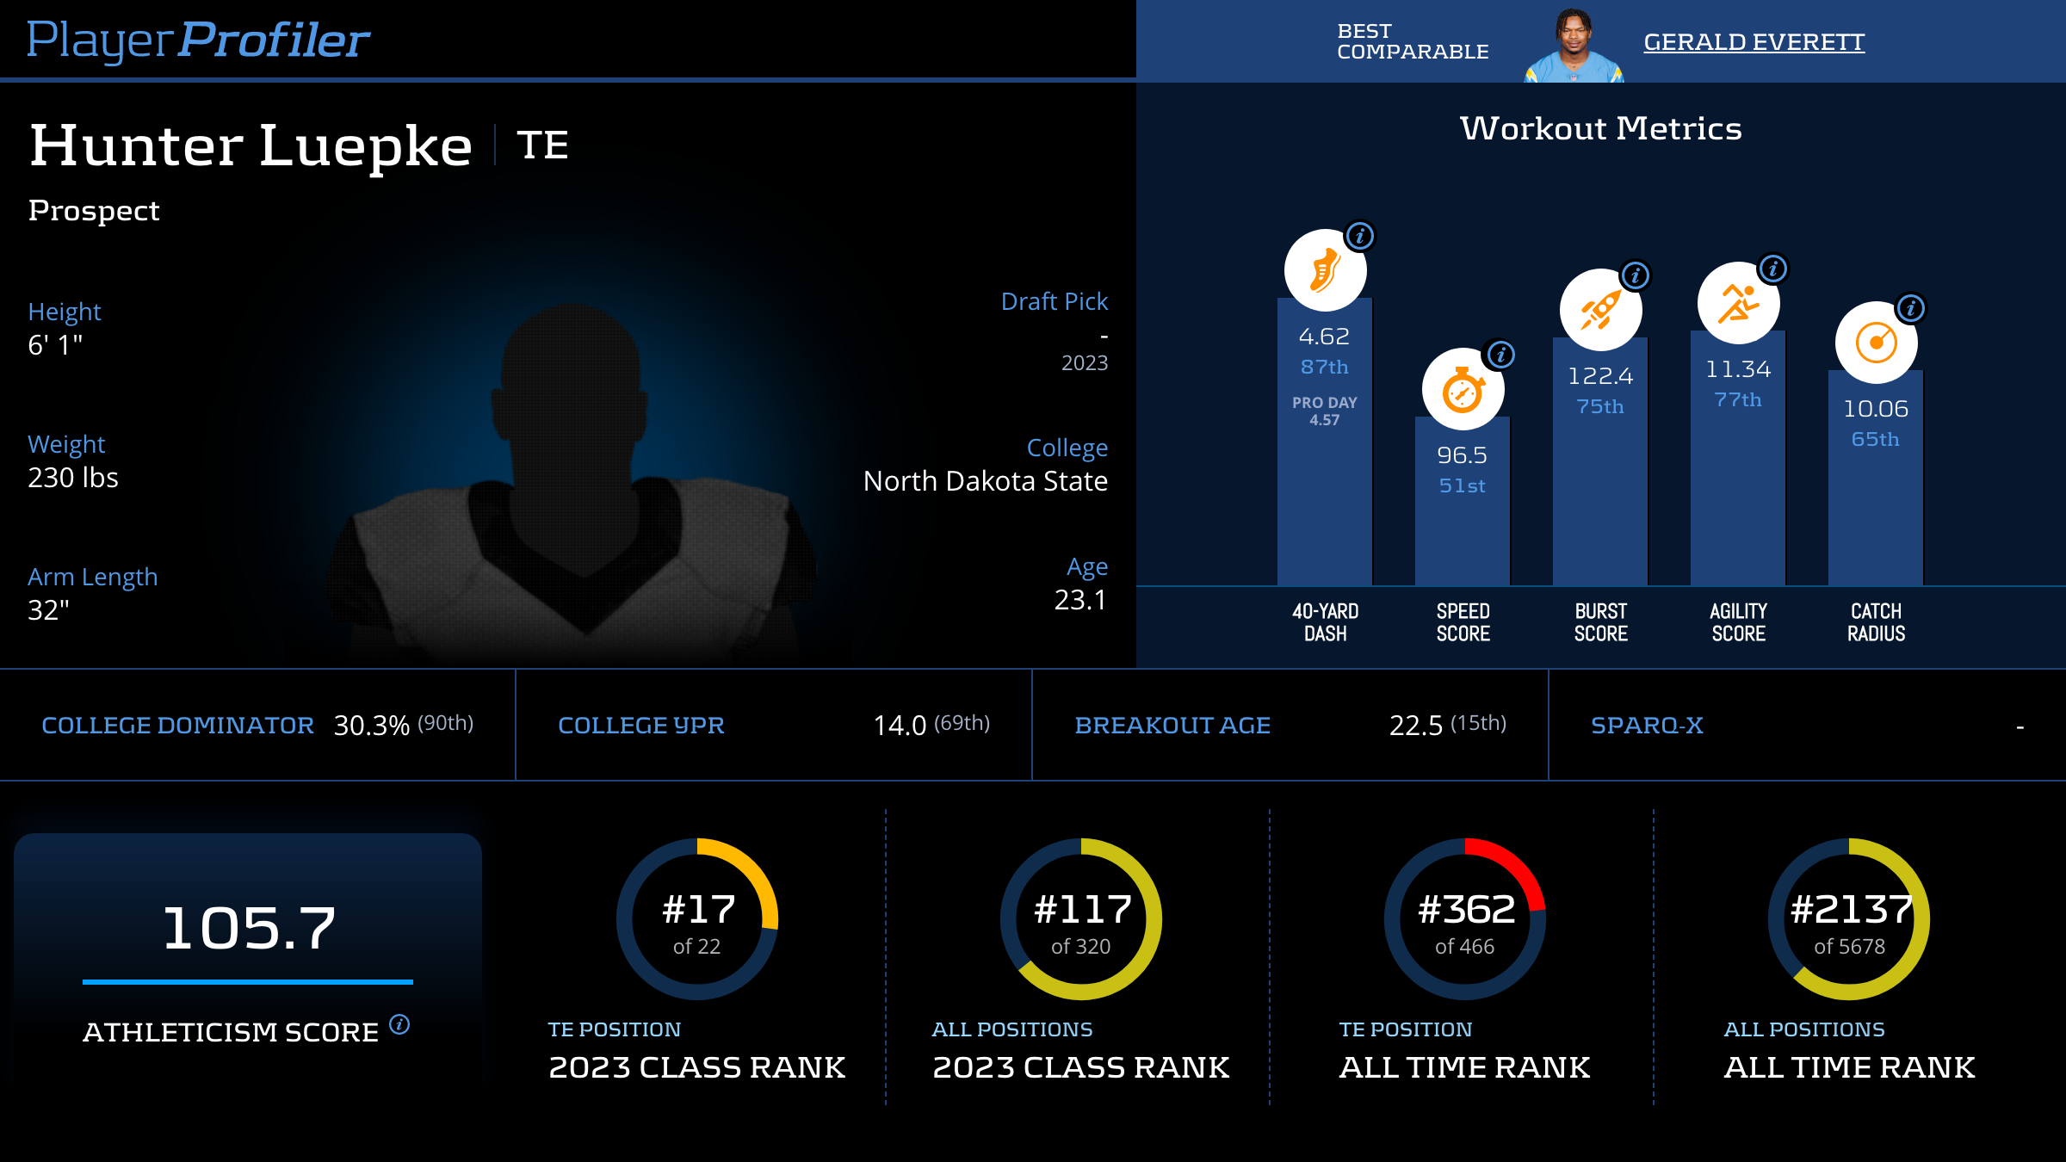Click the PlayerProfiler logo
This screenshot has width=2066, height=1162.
tap(198, 40)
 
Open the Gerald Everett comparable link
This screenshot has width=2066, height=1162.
tap(1754, 42)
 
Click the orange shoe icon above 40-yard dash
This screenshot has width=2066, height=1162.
tap(1325, 270)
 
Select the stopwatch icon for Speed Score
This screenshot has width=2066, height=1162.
tap(1463, 389)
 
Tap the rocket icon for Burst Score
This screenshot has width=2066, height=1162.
tap(1600, 310)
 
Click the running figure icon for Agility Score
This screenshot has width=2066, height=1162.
tap(1738, 303)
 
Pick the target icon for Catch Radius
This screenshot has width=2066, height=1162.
tap(1876, 343)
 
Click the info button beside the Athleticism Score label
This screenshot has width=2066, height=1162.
tap(399, 1024)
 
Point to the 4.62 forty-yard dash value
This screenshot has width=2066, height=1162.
tap(1324, 337)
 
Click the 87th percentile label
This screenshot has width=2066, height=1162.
tap(1324, 368)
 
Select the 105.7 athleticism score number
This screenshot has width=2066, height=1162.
tap(249, 929)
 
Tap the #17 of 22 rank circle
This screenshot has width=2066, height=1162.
tap(697, 919)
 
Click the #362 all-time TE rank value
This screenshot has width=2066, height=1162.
tap(1466, 910)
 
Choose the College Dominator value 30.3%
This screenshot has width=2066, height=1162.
tap(371, 726)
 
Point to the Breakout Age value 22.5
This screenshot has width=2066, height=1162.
tap(1415, 726)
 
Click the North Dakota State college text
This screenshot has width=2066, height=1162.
tap(985, 481)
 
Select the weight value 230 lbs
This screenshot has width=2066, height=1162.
tap(73, 478)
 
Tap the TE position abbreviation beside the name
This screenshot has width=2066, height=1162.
tap(542, 145)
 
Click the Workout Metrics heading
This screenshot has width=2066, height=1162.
tap(1600, 129)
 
